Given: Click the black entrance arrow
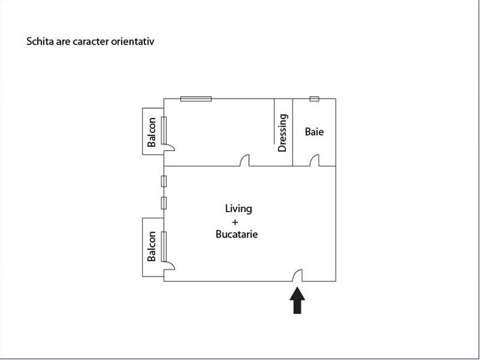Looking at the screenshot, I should pyautogui.click(x=298, y=301).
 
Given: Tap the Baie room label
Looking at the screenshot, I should pyautogui.click(x=314, y=131).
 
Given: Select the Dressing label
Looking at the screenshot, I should pyautogui.click(x=283, y=133).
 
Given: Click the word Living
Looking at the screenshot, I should pyautogui.click(x=238, y=209).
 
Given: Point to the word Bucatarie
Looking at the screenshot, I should pyautogui.click(x=236, y=234).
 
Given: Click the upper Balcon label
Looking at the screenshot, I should pyautogui.click(x=152, y=132).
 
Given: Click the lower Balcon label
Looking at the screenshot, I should pyautogui.click(x=152, y=246).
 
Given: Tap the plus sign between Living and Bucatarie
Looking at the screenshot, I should pyautogui.click(x=235, y=222).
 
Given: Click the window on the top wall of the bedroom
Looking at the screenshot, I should pyautogui.click(x=196, y=99).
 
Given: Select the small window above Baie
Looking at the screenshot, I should pyautogui.click(x=314, y=99).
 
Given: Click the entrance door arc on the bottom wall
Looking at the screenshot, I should pyautogui.click(x=297, y=275).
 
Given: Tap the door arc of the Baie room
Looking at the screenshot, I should pyautogui.click(x=314, y=160).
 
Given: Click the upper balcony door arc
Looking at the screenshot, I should pyautogui.click(x=170, y=146).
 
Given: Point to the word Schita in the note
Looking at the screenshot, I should pyautogui.click(x=38, y=42).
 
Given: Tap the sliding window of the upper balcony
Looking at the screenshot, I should pyautogui.click(x=164, y=129).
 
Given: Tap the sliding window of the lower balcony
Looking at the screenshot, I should pyautogui.click(x=164, y=246).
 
